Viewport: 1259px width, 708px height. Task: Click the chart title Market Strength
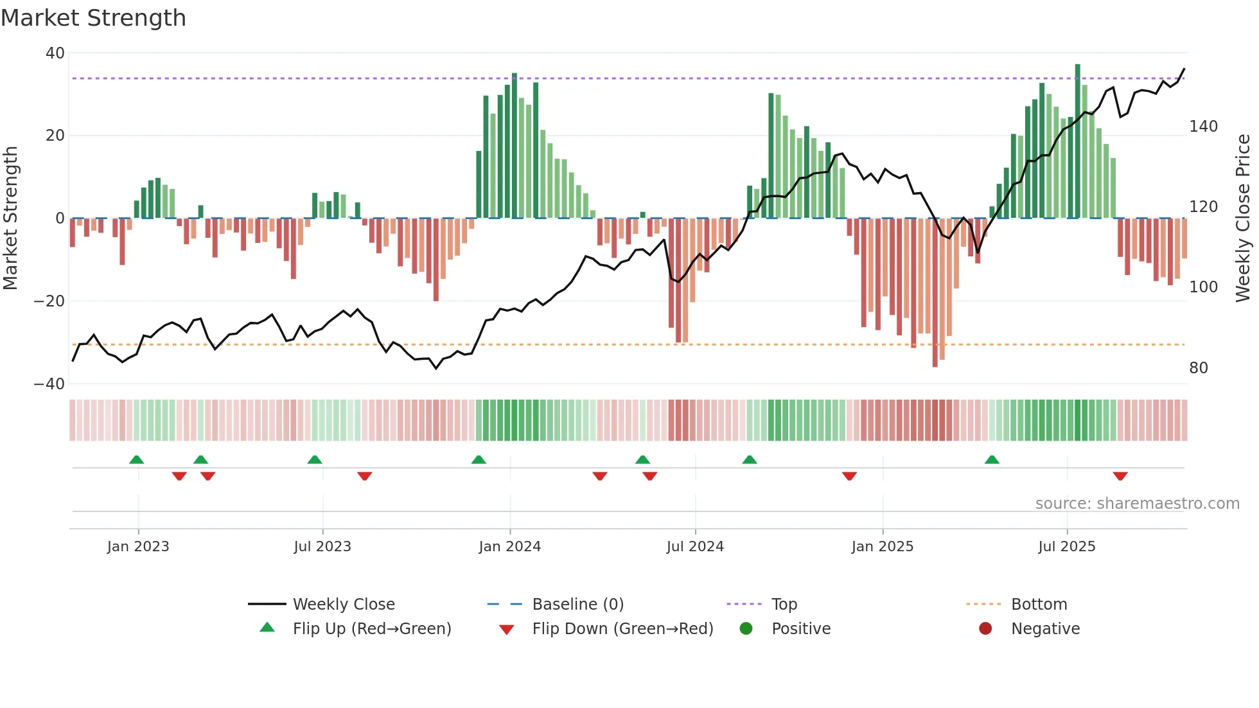(x=93, y=18)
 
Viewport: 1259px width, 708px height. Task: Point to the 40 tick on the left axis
(x=55, y=53)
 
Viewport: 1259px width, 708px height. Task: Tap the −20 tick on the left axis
(x=49, y=301)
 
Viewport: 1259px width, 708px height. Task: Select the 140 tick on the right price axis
(x=1203, y=127)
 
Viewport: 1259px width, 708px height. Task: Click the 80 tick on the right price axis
(x=1198, y=368)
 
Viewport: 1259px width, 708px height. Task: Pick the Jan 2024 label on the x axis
(x=509, y=547)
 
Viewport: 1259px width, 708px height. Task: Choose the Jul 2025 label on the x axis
(x=1066, y=547)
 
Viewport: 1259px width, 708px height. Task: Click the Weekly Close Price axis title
(x=1243, y=218)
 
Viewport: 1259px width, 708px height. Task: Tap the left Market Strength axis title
(x=10, y=218)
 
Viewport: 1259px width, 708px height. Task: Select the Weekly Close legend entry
(x=343, y=605)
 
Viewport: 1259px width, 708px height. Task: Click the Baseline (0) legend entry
(x=577, y=605)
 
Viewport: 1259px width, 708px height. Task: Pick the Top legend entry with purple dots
(x=784, y=605)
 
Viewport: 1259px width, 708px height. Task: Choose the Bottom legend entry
(x=1039, y=605)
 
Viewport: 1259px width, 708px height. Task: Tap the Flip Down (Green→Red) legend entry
(x=622, y=629)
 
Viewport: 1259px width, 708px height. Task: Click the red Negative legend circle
(x=985, y=629)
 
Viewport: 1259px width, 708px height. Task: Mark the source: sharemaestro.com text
(x=1137, y=504)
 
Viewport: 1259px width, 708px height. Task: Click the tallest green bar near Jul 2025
(x=1077, y=141)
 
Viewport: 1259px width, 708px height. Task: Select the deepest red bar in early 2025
(x=935, y=292)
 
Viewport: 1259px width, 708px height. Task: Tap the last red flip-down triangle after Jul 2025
(x=1120, y=476)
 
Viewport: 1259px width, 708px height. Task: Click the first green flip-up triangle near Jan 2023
(x=136, y=459)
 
